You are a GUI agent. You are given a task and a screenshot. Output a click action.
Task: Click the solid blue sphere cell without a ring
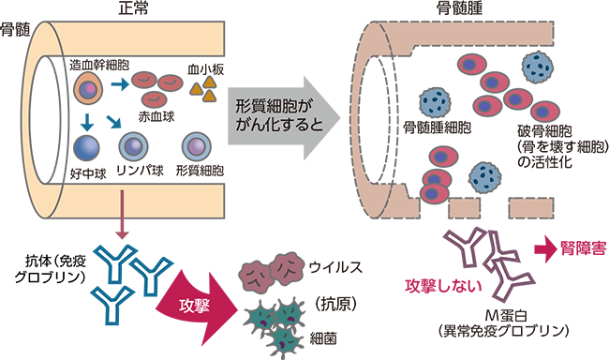coord(88,147)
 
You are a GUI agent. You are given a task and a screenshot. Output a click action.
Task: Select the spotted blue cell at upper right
coord(537,67)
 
